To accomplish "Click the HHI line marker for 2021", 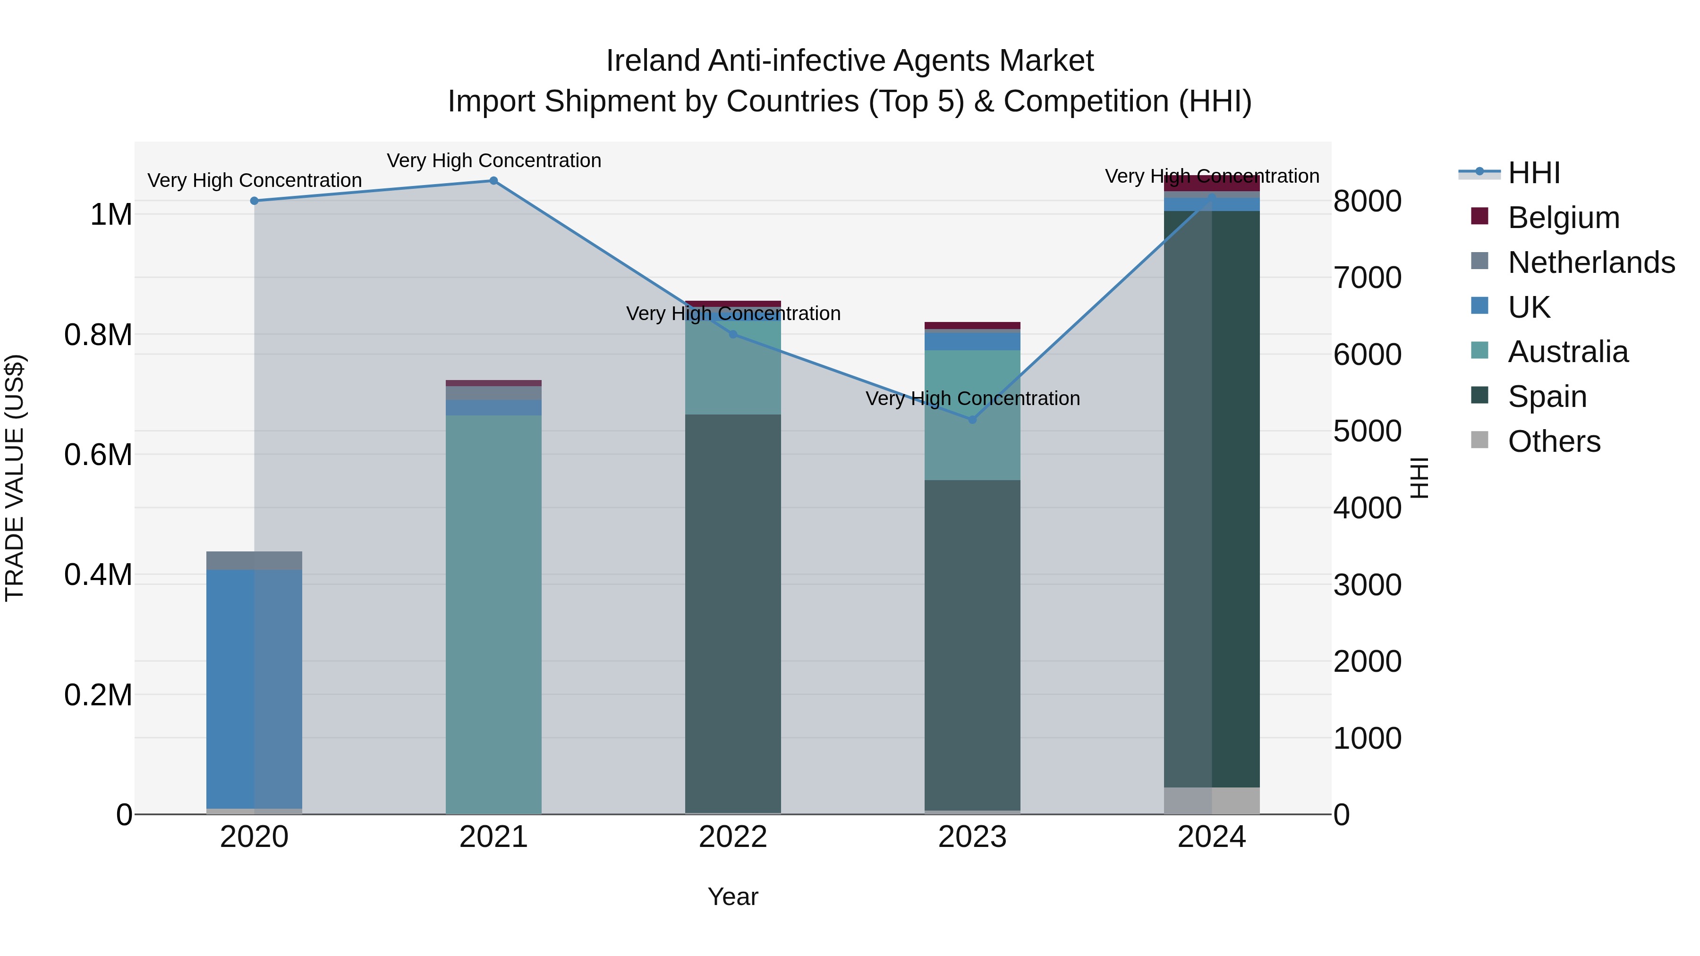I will pyautogui.click(x=493, y=181).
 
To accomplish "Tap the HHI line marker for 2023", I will pyautogui.click(x=972, y=420).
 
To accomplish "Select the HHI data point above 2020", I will pyautogui.click(x=254, y=201).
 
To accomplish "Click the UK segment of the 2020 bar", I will pyautogui.click(x=254, y=686).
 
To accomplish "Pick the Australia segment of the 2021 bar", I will pyautogui.click(x=493, y=614).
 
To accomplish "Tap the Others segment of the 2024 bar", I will pyautogui.click(x=1212, y=800).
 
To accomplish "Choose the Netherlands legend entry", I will pyautogui.click(x=1590, y=262).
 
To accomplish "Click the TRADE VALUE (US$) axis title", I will pyautogui.click(x=15, y=478).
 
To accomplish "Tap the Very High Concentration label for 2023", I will pyautogui.click(x=972, y=398).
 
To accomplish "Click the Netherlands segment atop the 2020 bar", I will pyautogui.click(x=254, y=560).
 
